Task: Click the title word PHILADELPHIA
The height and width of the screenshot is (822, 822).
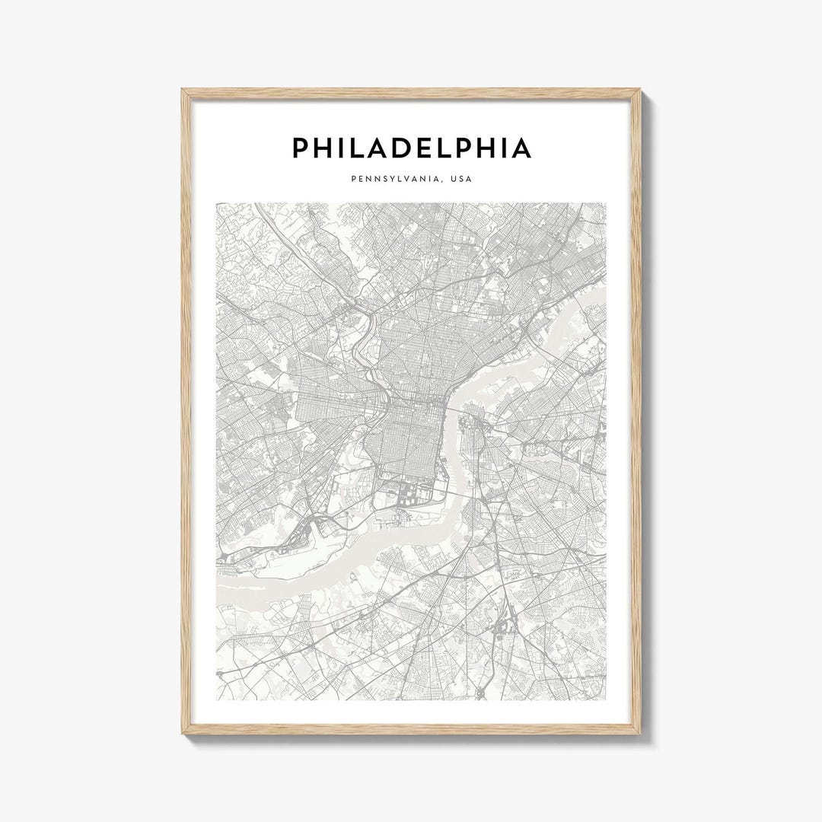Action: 411,148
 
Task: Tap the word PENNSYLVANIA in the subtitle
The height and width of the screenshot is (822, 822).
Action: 395,180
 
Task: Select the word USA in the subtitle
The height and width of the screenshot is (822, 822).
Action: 461,180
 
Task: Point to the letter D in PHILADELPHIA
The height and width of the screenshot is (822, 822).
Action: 408,148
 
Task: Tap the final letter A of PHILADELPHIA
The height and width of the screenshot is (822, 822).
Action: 521,148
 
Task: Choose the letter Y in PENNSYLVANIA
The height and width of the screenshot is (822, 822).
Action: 388,180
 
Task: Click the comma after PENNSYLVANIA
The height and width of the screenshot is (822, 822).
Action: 444,183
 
